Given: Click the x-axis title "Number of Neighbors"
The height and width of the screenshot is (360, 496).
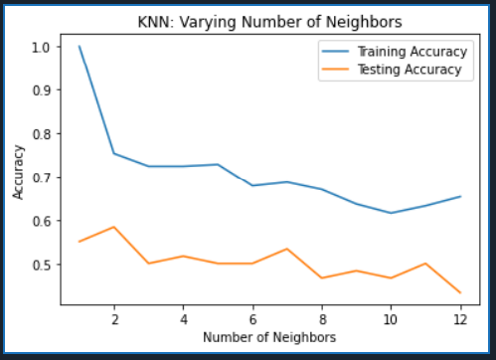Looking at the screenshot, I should click(269, 337).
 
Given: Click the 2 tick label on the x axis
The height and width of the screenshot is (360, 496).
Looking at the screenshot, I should click(114, 320).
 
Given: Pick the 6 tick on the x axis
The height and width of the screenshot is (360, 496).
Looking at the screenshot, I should click(251, 320).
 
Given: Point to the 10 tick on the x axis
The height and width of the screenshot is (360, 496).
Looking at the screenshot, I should click(389, 320).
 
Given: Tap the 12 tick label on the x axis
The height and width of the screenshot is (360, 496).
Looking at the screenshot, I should click(457, 320).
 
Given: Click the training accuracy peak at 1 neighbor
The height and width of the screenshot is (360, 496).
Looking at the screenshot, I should click(80, 47).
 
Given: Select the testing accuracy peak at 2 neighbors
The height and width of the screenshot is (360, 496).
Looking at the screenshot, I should click(114, 227).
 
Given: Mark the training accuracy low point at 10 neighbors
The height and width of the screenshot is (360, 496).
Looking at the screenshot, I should click(389, 213).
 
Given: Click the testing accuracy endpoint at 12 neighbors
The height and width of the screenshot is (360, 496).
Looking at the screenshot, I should click(457, 292).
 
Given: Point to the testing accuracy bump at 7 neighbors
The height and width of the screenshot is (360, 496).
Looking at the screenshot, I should click(286, 249).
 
